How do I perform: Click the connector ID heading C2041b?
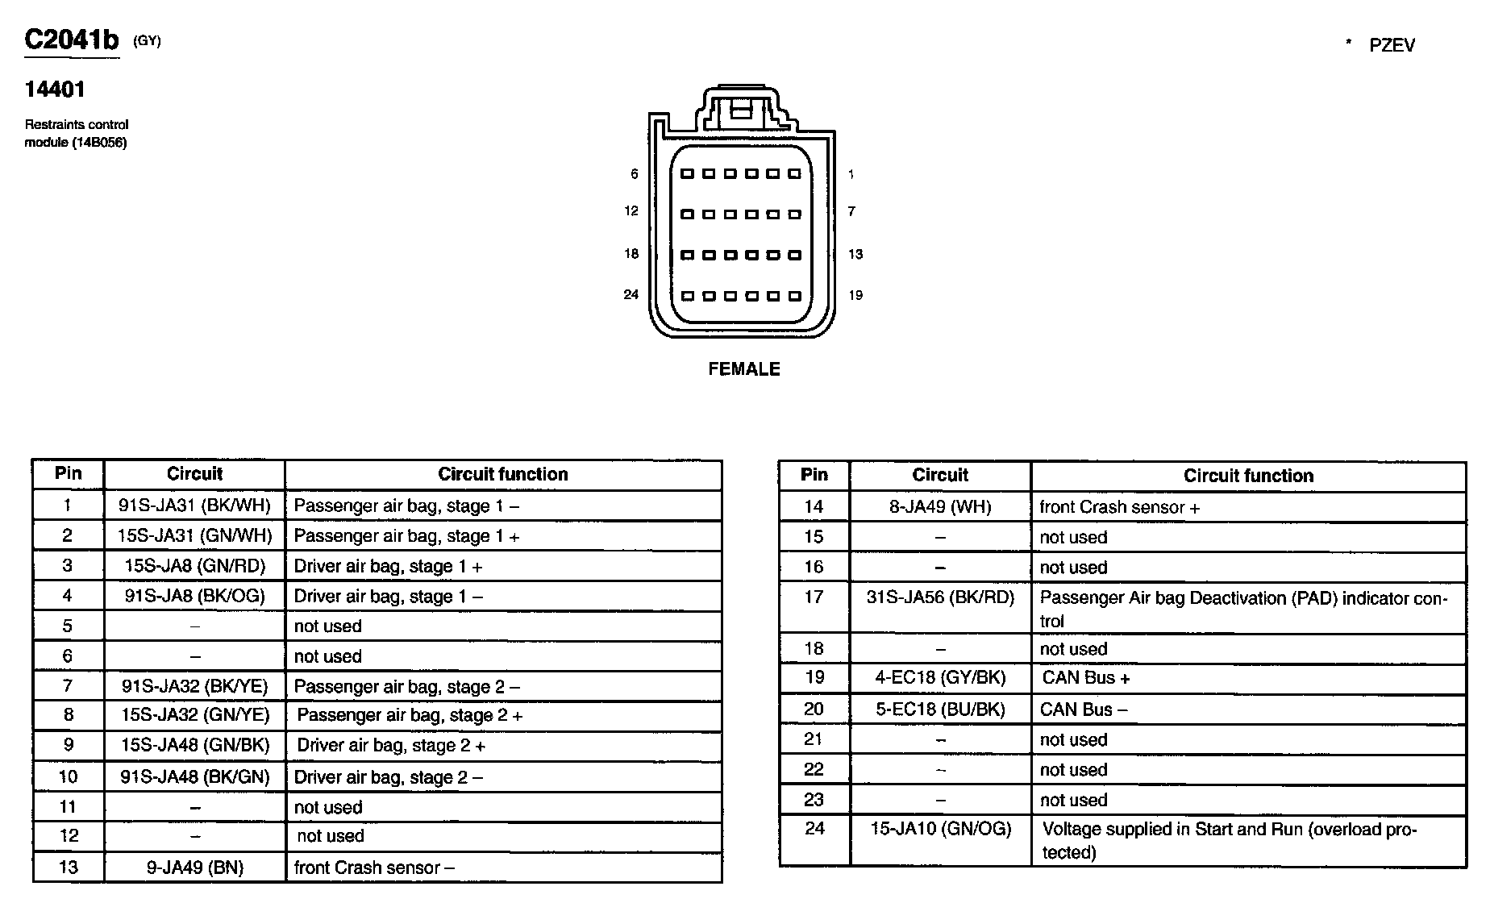point(72,40)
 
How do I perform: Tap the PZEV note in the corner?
point(1391,46)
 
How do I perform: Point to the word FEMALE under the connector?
point(743,369)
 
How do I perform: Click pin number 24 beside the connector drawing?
point(631,295)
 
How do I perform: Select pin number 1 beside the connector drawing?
point(851,174)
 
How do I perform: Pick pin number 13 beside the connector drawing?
point(855,255)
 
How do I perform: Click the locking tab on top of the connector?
point(742,108)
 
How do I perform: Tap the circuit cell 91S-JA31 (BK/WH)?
point(194,506)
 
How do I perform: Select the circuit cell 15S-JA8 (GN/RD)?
point(194,566)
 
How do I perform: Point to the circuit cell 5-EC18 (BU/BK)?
point(940,709)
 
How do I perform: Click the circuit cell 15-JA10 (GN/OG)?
point(940,829)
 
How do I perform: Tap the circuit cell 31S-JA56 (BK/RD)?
point(940,598)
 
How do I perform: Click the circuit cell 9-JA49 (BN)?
point(194,868)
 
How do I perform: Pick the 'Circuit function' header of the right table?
point(1248,476)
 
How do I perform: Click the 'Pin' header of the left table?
point(69,473)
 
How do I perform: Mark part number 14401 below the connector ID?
point(55,89)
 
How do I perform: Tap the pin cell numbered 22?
point(814,770)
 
